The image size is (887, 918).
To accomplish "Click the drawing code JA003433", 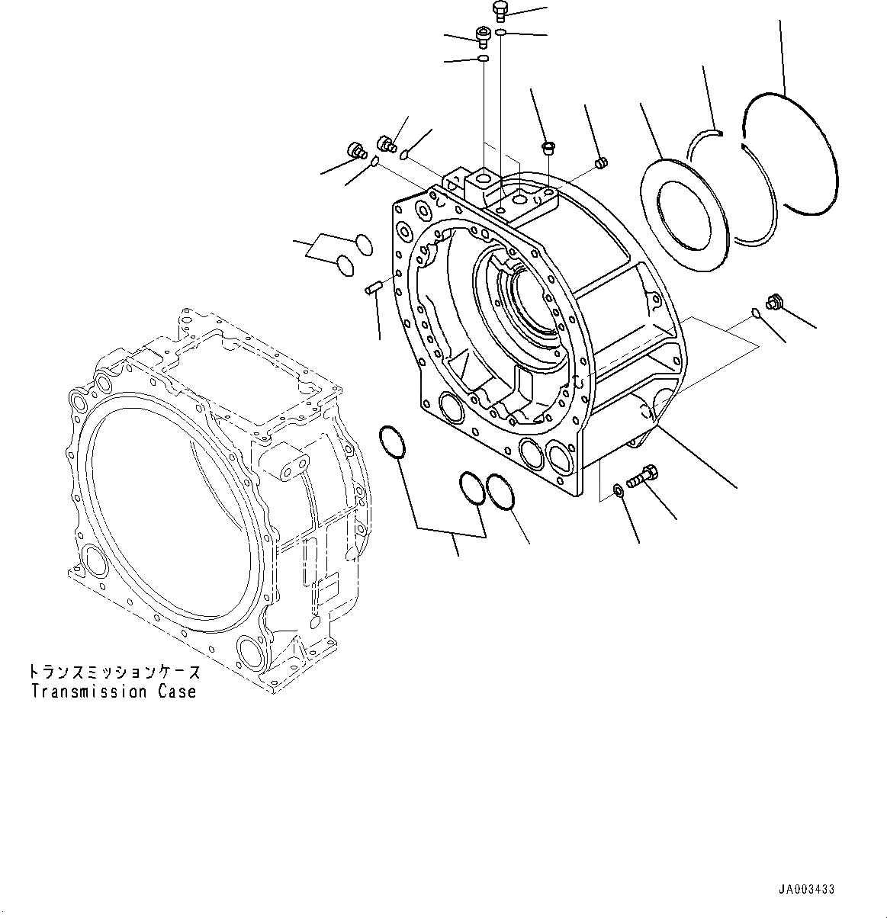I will (x=807, y=889).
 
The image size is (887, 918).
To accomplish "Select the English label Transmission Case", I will (x=114, y=692).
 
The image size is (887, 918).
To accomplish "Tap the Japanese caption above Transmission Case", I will (x=114, y=672).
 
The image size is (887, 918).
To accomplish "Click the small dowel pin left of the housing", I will (x=374, y=288).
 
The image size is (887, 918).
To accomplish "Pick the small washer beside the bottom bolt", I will (x=619, y=489).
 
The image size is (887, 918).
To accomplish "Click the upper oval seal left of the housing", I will (x=364, y=244).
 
